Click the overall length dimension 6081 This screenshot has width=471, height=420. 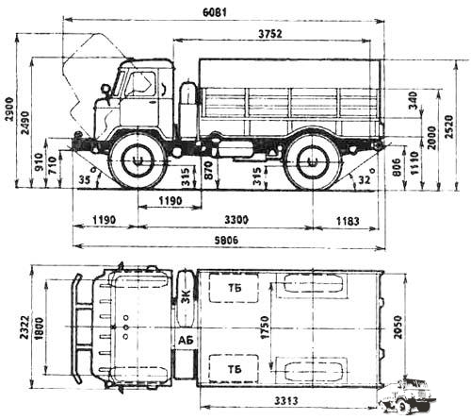tap(215, 12)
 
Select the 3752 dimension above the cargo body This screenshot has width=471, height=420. tap(270, 34)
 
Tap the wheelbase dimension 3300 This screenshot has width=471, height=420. tap(236, 220)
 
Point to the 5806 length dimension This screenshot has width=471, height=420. tap(226, 240)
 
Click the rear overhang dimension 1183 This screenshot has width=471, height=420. tap(348, 221)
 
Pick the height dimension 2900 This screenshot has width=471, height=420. tap(9, 109)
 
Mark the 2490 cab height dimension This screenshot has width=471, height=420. tap(24, 123)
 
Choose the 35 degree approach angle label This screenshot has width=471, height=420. tap(84, 179)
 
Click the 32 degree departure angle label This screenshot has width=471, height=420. tap(365, 179)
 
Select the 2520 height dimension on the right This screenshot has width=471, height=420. tap(449, 126)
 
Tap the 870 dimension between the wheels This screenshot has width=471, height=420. tap(208, 170)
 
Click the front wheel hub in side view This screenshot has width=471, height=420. tap(138, 161)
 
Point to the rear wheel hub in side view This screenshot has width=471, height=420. tap(313, 161)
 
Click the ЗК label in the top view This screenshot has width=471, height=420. tap(187, 296)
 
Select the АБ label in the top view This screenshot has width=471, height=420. tap(186, 341)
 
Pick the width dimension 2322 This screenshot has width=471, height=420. tap(24, 328)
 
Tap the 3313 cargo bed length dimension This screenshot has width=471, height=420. tap(285, 401)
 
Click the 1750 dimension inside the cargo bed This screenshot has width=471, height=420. tap(265, 328)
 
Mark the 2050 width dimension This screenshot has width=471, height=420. tap(398, 328)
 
